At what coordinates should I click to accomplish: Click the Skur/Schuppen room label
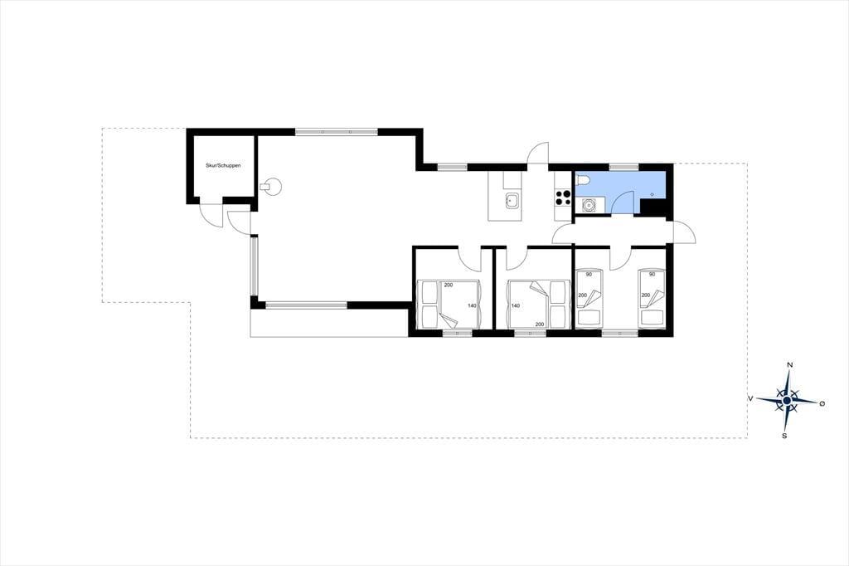click(223, 165)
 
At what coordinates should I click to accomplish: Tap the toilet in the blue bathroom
click(584, 179)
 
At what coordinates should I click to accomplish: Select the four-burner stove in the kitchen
click(563, 198)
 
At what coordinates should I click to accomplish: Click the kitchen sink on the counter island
click(512, 202)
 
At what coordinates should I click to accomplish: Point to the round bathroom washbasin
click(588, 206)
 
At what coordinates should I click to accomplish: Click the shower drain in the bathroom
click(653, 194)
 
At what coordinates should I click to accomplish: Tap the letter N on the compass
click(790, 365)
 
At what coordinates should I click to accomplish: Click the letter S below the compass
click(784, 436)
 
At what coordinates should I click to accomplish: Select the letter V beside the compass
click(750, 398)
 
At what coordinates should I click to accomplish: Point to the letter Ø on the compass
click(822, 403)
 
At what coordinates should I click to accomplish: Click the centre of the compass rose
click(787, 401)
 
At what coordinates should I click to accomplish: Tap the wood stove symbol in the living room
click(271, 186)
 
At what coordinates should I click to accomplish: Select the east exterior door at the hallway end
click(684, 232)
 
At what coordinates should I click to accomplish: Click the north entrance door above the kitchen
click(539, 153)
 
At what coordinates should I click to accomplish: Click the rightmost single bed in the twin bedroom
click(652, 299)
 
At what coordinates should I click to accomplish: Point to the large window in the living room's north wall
click(337, 132)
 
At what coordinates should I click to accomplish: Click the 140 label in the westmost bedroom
click(472, 305)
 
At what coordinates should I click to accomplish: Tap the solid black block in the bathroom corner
click(653, 207)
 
